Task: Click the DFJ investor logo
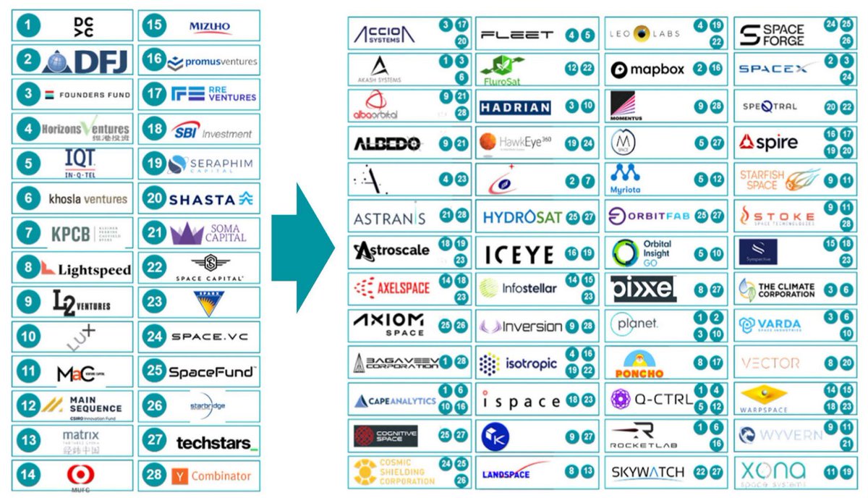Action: (85, 61)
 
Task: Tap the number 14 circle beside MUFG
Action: (27, 476)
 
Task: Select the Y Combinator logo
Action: (211, 476)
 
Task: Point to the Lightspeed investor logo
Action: (85, 269)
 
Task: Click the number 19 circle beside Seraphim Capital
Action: (154, 164)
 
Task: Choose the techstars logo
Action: (216, 442)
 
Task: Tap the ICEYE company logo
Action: (519, 254)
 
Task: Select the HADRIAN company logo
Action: (515, 108)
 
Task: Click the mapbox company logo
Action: (647, 70)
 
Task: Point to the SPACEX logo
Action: (773, 69)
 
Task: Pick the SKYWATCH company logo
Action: (647, 473)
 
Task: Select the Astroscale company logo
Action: (391, 250)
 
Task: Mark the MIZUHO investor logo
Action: (210, 27)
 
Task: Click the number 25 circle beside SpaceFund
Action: (154, 372)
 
